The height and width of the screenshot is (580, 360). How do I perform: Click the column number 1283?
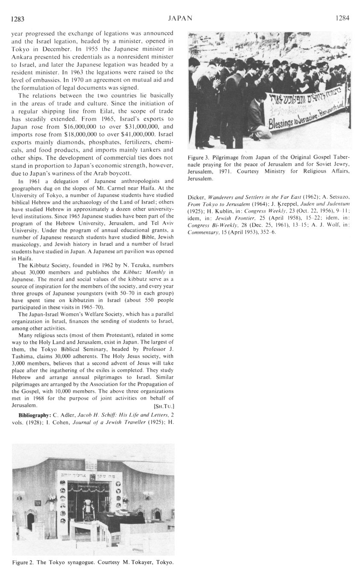click(x=18, y=18)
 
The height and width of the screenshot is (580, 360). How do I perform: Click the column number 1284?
click(x=342, y=18)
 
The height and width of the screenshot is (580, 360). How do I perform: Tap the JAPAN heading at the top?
click(x=180, y=18)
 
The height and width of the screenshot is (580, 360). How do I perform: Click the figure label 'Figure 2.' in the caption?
click(x=24, y=562)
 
